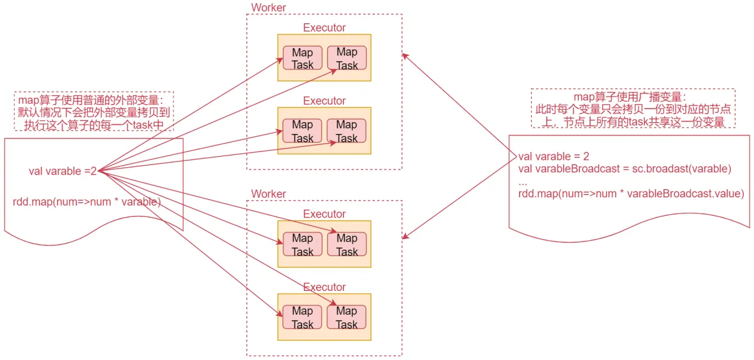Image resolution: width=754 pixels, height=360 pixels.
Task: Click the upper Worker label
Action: click(268, 7)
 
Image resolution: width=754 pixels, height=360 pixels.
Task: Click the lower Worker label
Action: click(268, 194)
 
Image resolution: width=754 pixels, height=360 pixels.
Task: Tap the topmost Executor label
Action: click(324, 27)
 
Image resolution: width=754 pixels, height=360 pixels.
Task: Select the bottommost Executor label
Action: click(324, 287)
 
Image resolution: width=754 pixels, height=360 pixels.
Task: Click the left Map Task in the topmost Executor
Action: click(302, 58)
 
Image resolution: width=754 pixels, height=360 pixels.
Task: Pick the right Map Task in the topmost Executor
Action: click(347, 58)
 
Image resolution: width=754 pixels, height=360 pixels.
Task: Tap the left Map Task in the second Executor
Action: click(302, 131)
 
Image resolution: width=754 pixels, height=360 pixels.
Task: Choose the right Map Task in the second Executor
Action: click(346, 131)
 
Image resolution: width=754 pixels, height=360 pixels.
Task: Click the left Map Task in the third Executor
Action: click(302, 244)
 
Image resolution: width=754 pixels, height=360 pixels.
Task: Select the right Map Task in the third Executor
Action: click(347, 244)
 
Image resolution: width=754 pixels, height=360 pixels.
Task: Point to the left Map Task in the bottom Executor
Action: click(302, 317)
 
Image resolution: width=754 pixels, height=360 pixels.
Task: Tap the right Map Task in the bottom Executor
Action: click(346, 317)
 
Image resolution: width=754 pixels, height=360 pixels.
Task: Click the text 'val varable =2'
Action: click(63, 171)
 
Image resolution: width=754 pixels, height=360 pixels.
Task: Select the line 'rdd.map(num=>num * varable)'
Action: click(87, 202)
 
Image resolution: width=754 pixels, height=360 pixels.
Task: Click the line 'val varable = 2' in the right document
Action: click(554, 156)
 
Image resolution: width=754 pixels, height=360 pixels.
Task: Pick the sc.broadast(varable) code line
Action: click(625, 169)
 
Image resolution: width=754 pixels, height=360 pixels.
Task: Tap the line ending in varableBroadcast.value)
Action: click(631, 194)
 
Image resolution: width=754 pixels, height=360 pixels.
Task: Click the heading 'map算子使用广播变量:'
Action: click(630, 97)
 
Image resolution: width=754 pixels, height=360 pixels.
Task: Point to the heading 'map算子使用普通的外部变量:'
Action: click(91, 100)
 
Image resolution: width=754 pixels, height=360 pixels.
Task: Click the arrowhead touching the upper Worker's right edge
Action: click(405, 56)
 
